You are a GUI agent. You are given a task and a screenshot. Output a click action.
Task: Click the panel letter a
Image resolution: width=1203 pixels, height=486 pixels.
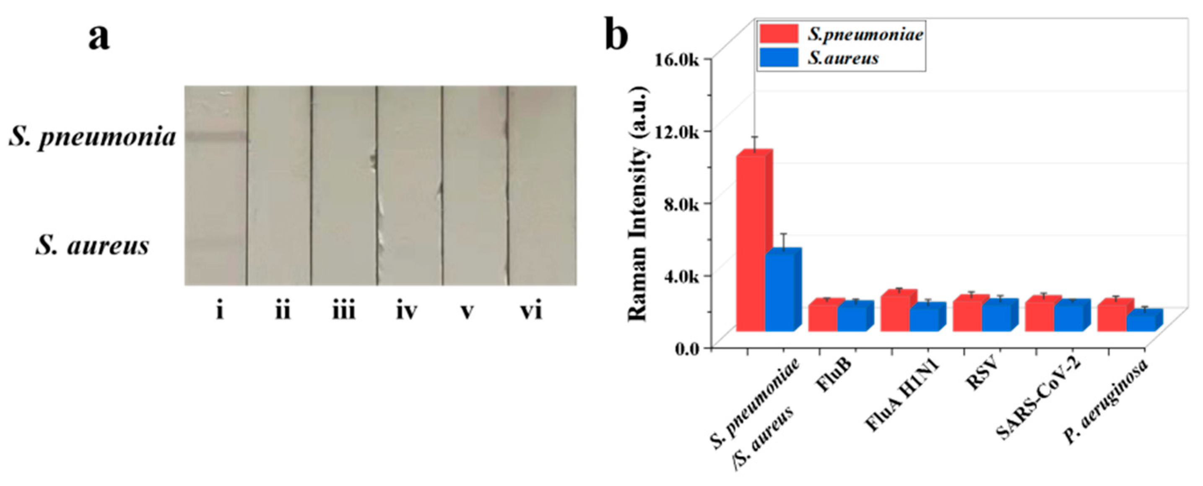[99, 37]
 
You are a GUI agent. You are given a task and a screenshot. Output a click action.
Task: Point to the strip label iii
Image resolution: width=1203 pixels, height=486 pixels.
[344, 310]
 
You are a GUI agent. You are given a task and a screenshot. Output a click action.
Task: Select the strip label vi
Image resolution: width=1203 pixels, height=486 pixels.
[531, 310]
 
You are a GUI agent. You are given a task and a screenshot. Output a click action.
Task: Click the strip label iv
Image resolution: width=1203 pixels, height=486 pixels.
[406, 310]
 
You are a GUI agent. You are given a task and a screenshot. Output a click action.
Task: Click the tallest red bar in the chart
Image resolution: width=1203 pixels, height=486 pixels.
[751, 243]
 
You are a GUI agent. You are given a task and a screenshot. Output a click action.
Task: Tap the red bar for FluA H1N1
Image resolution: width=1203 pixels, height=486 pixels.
[895, 312]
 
